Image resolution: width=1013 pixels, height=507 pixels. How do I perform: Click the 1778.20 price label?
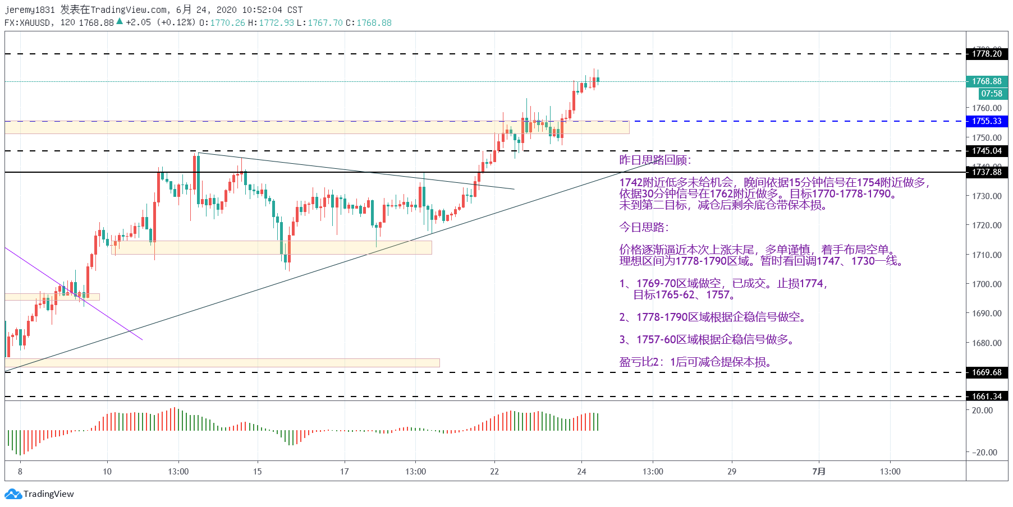tap(987, 54)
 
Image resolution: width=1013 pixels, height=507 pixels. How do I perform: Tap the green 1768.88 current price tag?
tap(987, 81)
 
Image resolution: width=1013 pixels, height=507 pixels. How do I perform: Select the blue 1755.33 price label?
tap(987, 121)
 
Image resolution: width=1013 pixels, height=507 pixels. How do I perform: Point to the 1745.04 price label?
tap(987, 151)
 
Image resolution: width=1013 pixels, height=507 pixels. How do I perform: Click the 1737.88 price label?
tap(987, 172)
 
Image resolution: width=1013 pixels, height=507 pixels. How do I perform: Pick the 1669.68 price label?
tap(987, 372)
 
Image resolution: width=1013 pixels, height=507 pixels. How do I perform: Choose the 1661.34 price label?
tap(987, 397)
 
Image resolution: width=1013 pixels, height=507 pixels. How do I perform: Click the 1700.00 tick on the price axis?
tap(987, 284)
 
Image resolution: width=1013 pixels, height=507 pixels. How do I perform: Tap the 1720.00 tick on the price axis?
tap(987, 225)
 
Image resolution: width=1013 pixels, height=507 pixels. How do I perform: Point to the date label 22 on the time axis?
tap(494, 472)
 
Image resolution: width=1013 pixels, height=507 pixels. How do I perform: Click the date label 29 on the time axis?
tap(732, 472)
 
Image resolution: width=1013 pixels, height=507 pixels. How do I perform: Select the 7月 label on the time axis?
tap(819, 472)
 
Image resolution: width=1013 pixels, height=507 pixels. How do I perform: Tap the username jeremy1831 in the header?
tap(30, 10)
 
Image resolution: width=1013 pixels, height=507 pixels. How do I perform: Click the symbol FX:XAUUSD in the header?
tap(27, 23)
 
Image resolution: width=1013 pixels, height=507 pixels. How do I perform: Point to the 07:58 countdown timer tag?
tap(992, 94)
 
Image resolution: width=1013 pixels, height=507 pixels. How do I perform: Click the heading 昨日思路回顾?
tap(655, 160)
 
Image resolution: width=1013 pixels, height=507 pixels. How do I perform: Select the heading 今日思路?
tap(644, 228)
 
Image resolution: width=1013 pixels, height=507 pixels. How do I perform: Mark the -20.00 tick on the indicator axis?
tap(986, 453)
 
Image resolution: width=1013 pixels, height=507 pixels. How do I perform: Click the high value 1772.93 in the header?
tap(276, 23)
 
